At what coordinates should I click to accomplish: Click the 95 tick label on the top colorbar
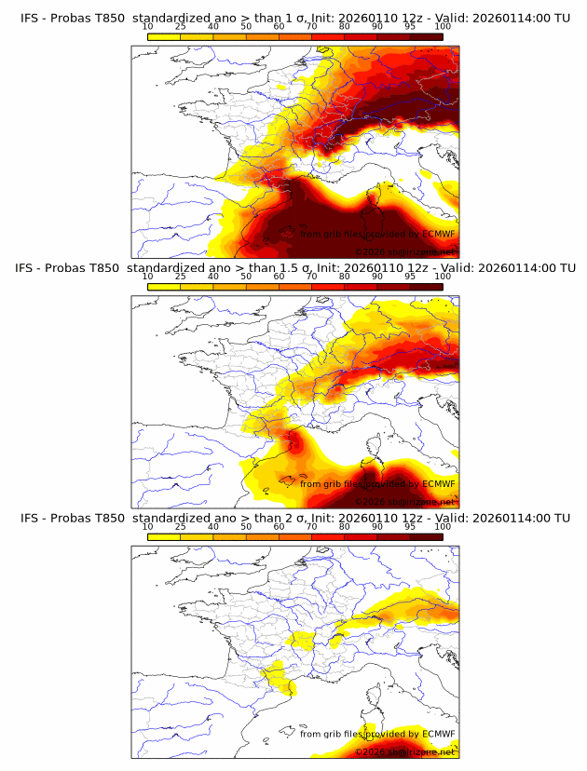pos(410,27)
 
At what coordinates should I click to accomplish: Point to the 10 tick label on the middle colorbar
pos(147,277)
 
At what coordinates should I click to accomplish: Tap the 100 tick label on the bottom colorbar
pos(443,526)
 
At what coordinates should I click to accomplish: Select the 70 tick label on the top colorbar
pos(311,27)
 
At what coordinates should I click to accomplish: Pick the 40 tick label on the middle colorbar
pos(213,277)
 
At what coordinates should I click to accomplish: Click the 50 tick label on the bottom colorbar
pos(246,526)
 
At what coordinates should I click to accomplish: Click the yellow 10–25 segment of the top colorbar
pos(164,36)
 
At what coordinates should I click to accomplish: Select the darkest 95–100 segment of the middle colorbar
pos(426,286)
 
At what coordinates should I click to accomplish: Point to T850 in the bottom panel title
pos(108,518)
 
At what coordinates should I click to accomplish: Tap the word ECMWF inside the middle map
pos(438,484)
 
